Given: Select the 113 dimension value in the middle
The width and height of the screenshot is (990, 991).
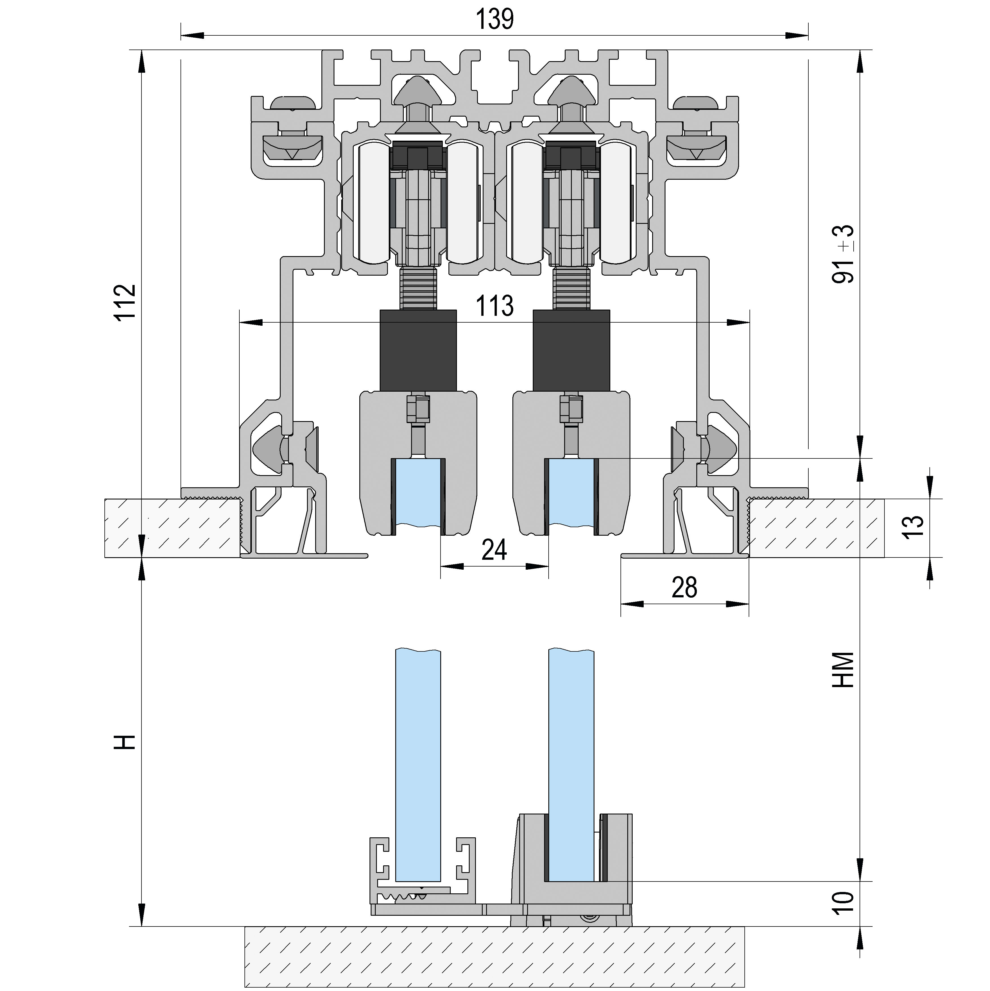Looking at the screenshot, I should tap(495, 306).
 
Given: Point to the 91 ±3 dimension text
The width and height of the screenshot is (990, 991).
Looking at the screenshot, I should tap(843, 254).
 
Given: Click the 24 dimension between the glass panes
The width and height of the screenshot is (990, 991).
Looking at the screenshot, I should tap(495, 550).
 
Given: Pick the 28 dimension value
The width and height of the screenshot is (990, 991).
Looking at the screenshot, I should tap(684, 588).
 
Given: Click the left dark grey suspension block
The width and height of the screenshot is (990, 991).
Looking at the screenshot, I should tap(418, 351).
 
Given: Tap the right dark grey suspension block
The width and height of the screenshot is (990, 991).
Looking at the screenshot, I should tap(572, 351).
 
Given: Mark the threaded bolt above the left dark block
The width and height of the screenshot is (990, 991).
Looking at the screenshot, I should tap(418, 289).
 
